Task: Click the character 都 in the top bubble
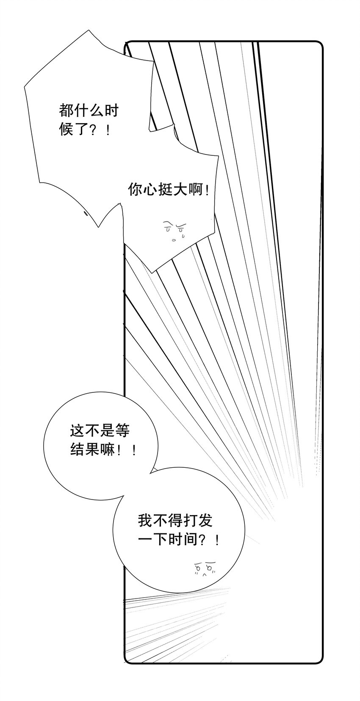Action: coord(66,111)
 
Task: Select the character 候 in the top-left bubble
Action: coord(66,129)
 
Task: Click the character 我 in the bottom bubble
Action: coord(145,520)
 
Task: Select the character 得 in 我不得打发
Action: coord(175,520)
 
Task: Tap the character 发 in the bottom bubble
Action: coord(205,520)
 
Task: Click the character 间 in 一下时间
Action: coord(190,539)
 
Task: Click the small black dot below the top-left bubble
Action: coord(86,214)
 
